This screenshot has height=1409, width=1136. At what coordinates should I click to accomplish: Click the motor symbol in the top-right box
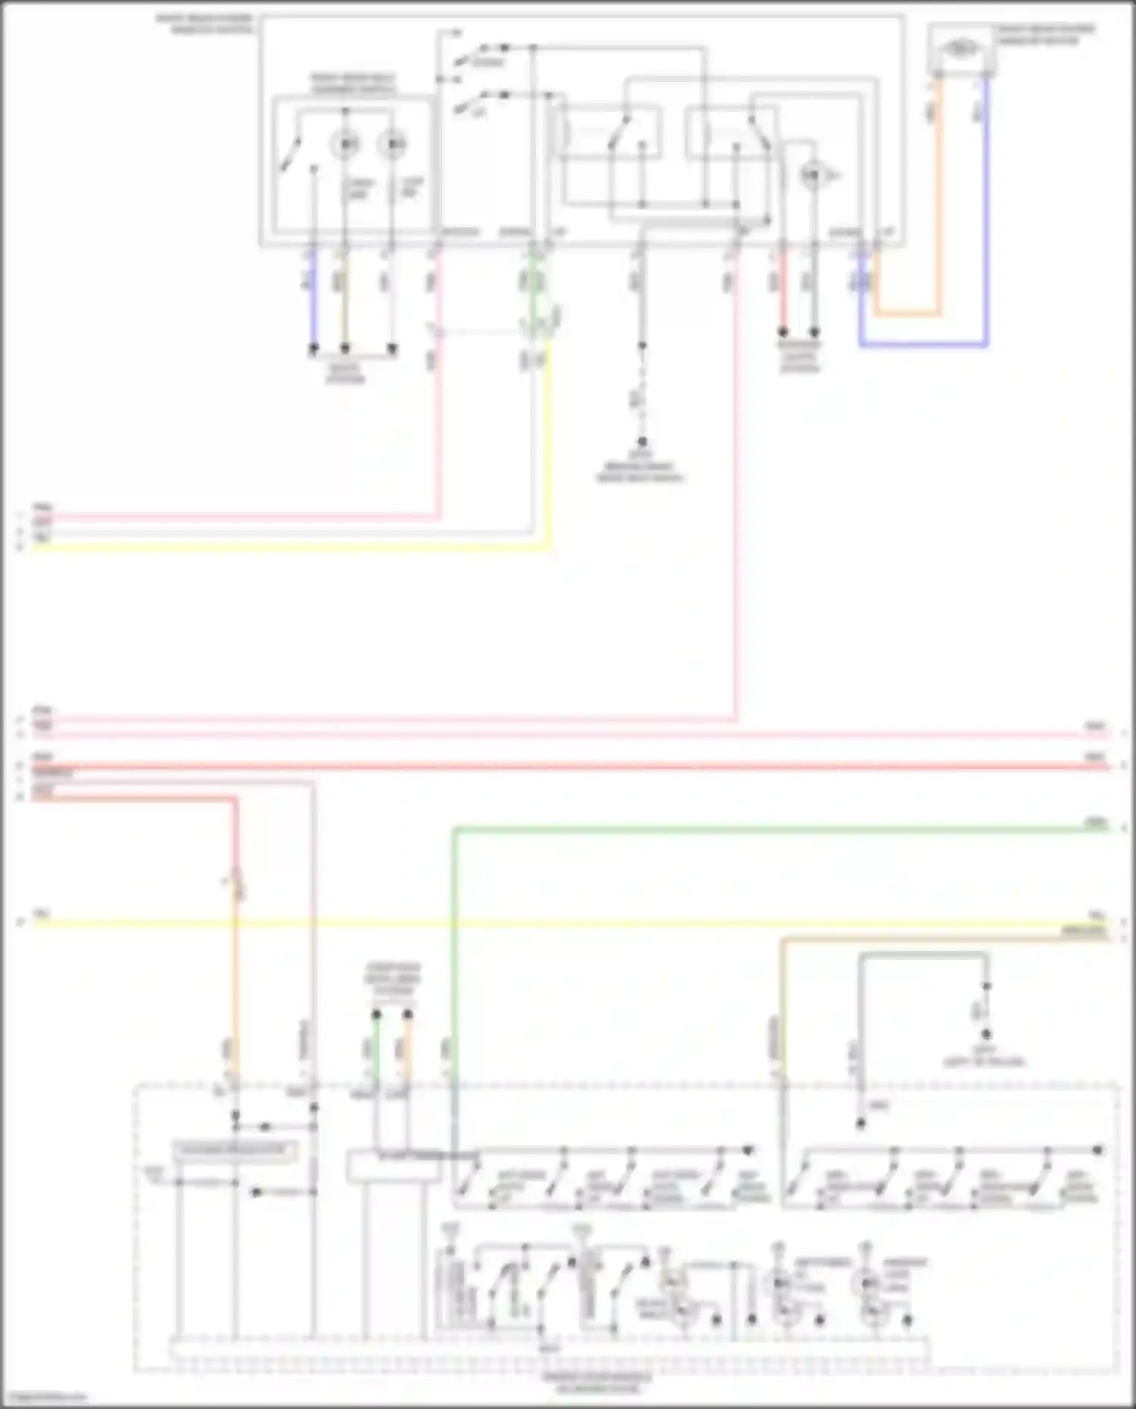click(x=960, y=48)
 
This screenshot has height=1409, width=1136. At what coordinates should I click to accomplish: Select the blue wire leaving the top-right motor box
click(x=986, y=227)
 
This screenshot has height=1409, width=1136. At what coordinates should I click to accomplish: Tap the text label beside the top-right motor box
click(x=1045, y=35)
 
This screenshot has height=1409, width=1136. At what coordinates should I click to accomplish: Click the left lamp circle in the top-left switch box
click(x=345, y=144)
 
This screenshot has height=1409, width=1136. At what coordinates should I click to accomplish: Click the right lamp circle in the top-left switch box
click(x=392, y=144)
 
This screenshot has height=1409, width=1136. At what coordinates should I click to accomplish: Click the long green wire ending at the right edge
click(x=757, y=830)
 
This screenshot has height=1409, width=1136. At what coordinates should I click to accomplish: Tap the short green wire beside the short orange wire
click(x=376, y=1049)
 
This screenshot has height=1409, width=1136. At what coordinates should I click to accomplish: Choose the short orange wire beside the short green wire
click(x=408, y=1049)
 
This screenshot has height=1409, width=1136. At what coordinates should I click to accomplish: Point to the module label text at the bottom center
click(x=598, y=1383)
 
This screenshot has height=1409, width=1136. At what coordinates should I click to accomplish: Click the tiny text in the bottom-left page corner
click(x=44, y=1398)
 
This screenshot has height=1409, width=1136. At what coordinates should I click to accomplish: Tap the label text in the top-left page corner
click(x=204, y=23)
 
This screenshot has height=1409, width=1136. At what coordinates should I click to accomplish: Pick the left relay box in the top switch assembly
click(x=610, y=133)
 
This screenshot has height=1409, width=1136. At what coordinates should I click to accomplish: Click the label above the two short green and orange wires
click(x=392, y=979)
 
